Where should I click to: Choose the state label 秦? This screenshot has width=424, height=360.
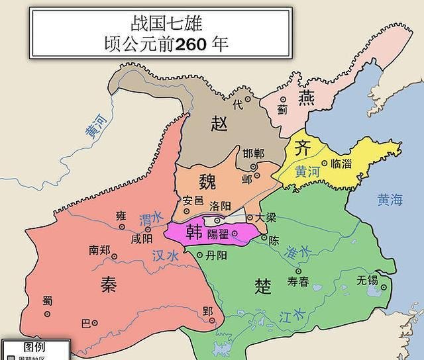[109, 285]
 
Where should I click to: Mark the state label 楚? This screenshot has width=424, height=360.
[262, 285]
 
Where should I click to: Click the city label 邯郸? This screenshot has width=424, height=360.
[253, 154]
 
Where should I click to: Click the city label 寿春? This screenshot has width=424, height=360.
[298, 281]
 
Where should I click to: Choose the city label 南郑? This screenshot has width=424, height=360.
[99, 251]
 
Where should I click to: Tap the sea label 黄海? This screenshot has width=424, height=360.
[390, 200]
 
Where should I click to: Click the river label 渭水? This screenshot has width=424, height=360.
[149, 218]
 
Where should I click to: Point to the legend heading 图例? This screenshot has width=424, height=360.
[34, 347]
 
